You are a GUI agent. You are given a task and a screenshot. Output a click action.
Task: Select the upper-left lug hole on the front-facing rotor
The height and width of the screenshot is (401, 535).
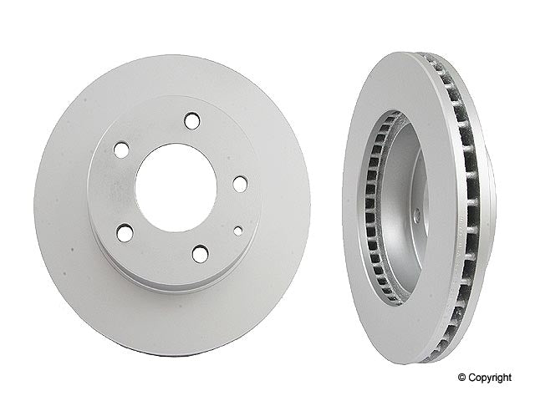pos(121,150)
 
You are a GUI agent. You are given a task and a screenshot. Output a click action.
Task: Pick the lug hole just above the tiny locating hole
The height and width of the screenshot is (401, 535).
pos(240,184)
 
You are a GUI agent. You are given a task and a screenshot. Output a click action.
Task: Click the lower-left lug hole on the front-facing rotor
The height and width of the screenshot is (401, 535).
pos(125,233)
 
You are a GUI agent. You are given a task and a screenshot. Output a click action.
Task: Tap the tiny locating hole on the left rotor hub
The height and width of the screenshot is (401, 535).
pos(238,229)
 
